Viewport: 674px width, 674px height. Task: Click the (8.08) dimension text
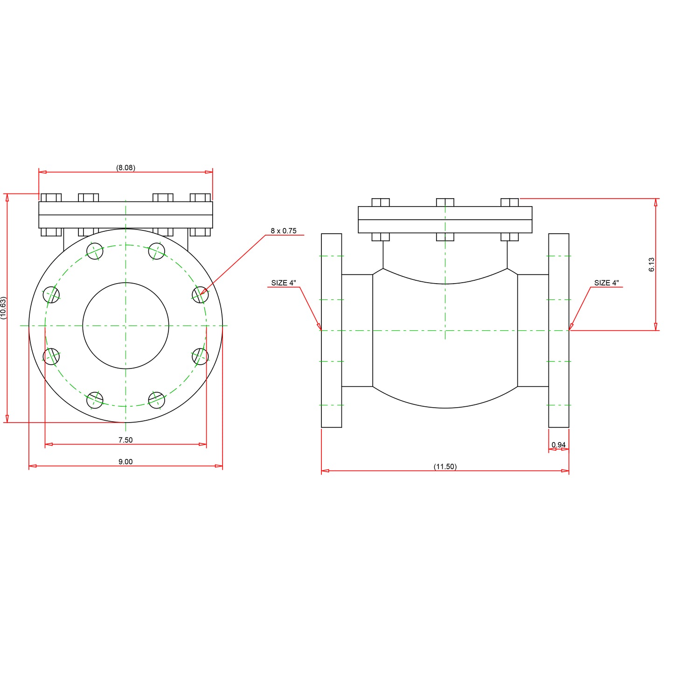point(125,167)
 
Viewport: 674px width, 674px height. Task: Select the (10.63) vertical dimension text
point(4,308)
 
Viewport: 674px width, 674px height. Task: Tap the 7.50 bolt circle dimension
point(125,440)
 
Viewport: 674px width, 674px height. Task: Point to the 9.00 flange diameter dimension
point(125,462)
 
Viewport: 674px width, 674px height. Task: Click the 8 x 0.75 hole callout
point(283,231)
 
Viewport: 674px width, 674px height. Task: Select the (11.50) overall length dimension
point(445,466)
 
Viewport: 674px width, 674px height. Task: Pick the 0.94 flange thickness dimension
point(558,445)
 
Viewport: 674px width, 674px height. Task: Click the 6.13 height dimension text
point(652,264)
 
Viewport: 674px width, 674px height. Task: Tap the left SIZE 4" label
point(283,283)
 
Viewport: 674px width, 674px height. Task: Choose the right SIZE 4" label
point(606,283)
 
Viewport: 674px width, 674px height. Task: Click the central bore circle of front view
point(125,326)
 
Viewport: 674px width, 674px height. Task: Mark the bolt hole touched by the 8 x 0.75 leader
point(200,295)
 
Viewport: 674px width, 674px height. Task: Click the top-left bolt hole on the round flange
point(95,251)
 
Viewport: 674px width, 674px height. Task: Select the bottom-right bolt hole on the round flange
point(157,400)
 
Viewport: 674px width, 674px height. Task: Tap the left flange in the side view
point(331,330)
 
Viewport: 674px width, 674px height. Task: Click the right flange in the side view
point(558,330)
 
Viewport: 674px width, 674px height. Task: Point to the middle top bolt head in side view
point(445,202)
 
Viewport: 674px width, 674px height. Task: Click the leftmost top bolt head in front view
point(51,197)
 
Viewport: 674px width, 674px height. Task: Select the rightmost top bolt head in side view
point(509,202)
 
